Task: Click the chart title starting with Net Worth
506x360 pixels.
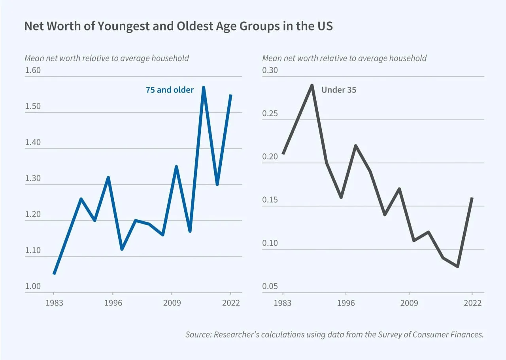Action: click(x=178, y=26)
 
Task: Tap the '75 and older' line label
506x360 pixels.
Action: click(x=170, y=90)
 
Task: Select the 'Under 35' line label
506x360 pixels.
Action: click(x=339, y=90)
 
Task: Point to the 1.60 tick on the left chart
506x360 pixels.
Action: click(x=33, y=70)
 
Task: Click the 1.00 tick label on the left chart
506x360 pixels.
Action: click(x=33, y=286)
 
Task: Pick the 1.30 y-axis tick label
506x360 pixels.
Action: click(x=33, y=178)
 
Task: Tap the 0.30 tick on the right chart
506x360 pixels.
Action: click(x=270, y=70)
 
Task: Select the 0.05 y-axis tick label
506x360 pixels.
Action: click(x=270, y=286)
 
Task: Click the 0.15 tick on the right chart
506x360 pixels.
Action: click(x=270, y=200)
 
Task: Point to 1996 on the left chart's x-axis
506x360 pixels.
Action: click(x=113, y=303)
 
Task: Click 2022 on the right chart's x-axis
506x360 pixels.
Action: click(x=472, y=303)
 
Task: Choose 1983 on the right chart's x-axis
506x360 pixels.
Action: click(x=283, y=303)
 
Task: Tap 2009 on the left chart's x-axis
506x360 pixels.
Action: click(x=172, y=303)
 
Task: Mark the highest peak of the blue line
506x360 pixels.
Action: click(x=204, y=87)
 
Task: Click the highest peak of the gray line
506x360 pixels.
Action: click(x=312, y=85)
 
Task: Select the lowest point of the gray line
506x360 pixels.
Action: click(x=458, y=266)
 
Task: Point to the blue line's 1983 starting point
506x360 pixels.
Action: click(x=54, y=274)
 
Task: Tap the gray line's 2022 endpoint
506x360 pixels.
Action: click(x=472, y=198)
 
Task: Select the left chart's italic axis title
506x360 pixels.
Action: click(x=107, y=58)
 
